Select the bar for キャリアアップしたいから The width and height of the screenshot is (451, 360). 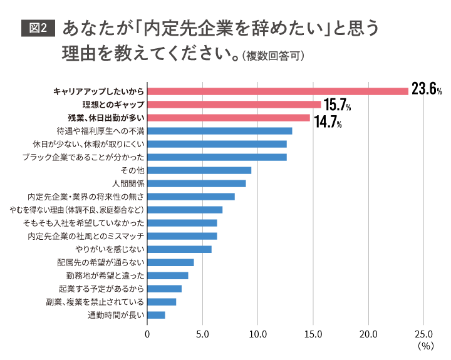pos(277,91)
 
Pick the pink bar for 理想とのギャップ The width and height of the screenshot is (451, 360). pos(234,105)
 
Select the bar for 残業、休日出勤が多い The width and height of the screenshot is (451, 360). pos(229,118)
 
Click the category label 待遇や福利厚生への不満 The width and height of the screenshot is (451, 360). pos(100,131)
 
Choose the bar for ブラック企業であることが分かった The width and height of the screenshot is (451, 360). pos(217,157)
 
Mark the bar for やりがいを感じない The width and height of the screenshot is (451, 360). pos(180,249)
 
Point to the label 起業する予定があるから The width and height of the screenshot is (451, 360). pos(101,289)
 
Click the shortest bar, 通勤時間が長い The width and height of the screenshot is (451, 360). pos(157,315)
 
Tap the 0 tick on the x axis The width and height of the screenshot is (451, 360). pos(147,334)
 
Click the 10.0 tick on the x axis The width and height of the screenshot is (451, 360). pos(258,334)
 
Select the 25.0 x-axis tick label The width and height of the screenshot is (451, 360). pos(424,334)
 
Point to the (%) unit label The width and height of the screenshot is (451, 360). pos(425,346)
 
